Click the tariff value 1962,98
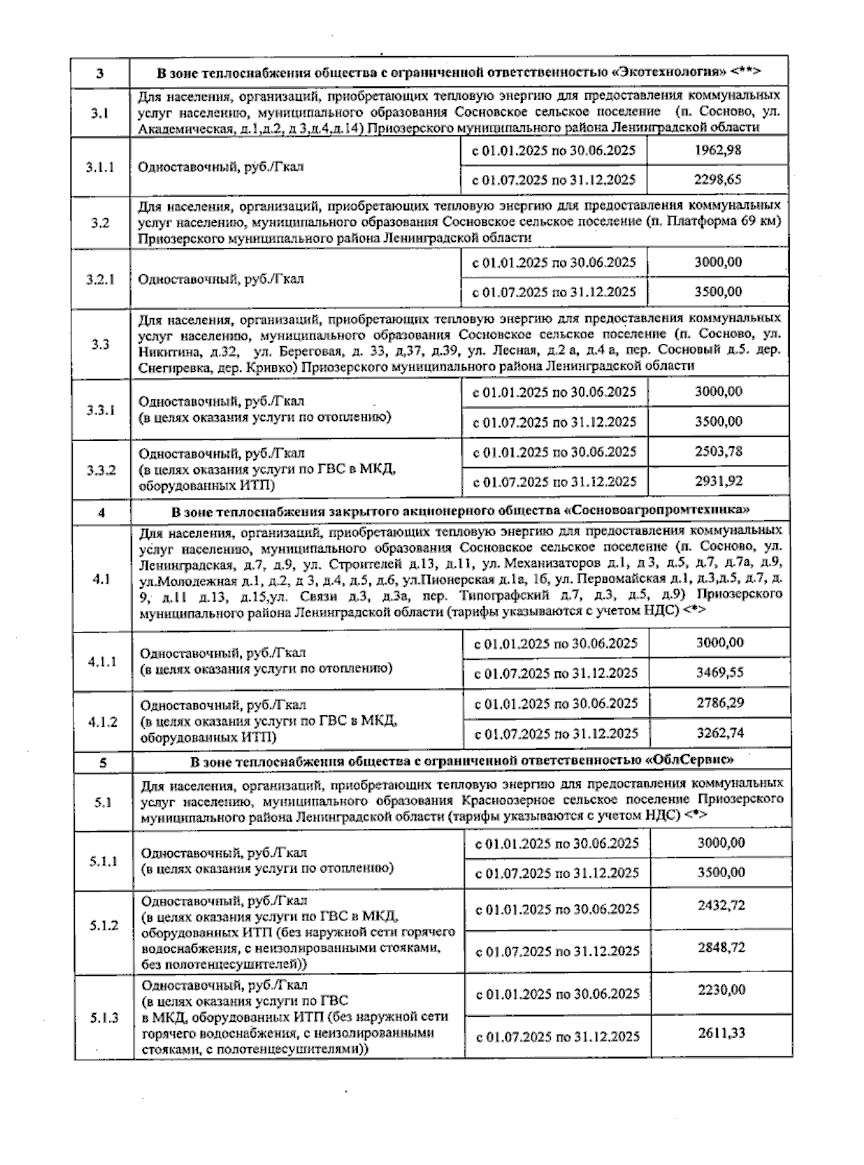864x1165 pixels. point(718,150)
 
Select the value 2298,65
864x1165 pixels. point(718,179)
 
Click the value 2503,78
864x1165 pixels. point(718,451)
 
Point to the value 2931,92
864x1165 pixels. point(718,481)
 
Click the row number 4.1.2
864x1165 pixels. point(102,720)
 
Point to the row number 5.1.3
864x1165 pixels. point(104,1017)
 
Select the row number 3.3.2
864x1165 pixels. point(101,470)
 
